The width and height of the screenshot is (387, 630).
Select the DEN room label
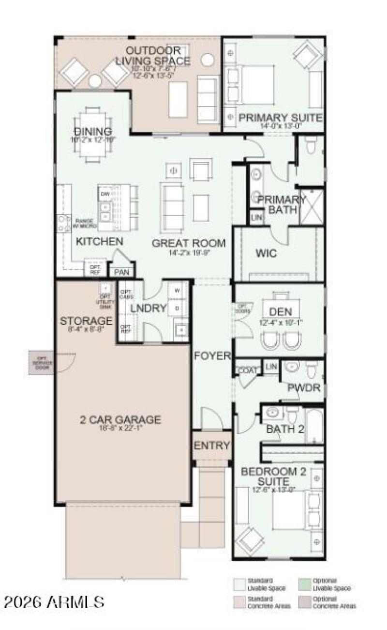[x=281, y=312]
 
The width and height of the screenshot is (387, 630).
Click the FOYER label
[x=212, y=356]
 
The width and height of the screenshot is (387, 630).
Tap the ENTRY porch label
[x=211, y=446]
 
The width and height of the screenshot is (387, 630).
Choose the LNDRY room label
[x=149, y=308]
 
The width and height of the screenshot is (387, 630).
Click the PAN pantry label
[x=121, y=273]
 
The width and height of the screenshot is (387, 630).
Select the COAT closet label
[x=247, y=370]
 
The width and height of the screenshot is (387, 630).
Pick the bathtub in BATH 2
[x=314, y=425]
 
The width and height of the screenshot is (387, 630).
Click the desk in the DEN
[x=281, y=303]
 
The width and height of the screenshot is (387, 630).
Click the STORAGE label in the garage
[x=86, y=321]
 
